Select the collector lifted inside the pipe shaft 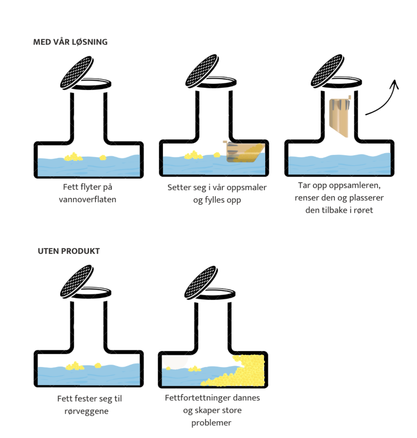[x=340, y=116]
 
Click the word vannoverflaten [x=87, y=200]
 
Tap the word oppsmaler [x=247, y=188]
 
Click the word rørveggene [x=86, y=411]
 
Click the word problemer [x=211, y=423]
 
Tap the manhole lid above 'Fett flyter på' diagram [x=77, y=72]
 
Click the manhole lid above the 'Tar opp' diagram [x=327, y=70]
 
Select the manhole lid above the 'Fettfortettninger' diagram [x=201, y=282]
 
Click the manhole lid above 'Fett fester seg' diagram [x=76, y=281]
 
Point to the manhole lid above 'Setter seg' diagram [x=202, y=70]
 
